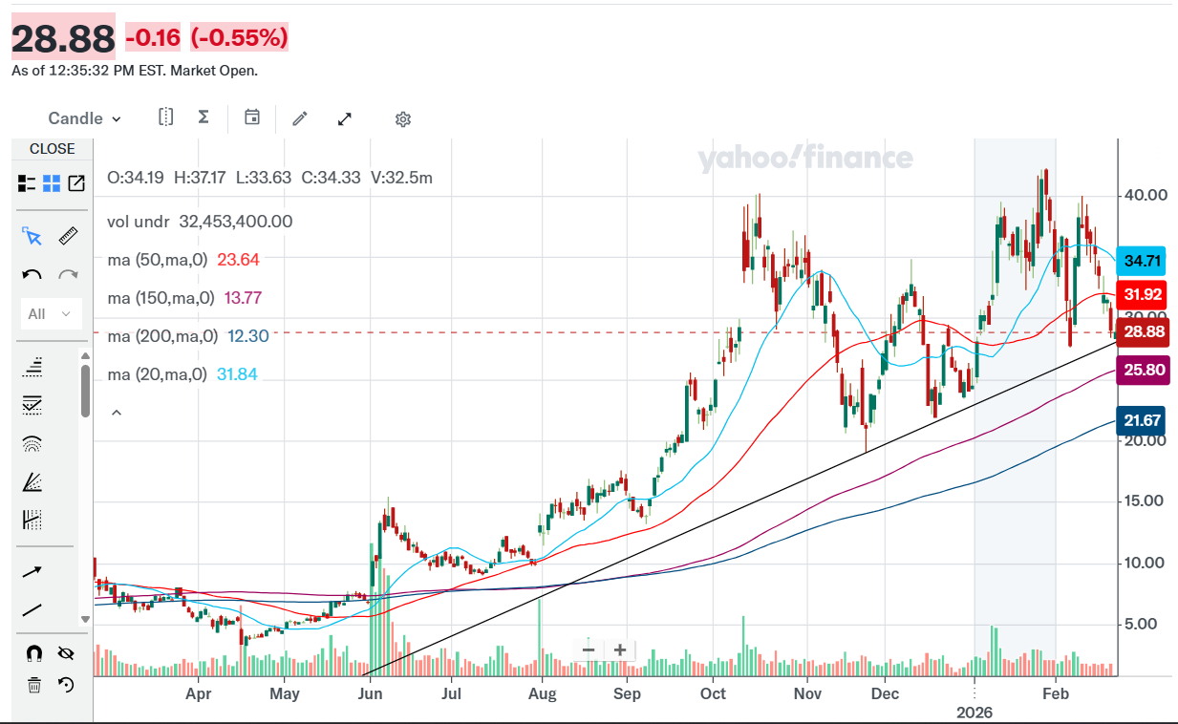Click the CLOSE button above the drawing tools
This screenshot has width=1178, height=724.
coord(52,149)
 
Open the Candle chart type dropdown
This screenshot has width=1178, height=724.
coord(85,118)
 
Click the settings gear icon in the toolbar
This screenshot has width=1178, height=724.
coord(403,119)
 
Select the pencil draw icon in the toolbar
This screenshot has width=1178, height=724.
coord(300,118)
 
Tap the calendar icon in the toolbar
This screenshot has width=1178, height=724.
coord(252,117)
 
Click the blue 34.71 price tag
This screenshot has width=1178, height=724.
coord(1143,261)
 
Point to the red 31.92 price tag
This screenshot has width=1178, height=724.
coord(1143,294)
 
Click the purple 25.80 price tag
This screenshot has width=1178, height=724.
coord(1143,370)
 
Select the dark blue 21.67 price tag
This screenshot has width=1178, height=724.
coord(1143,420)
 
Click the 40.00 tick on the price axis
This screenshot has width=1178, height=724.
coord(1145,195)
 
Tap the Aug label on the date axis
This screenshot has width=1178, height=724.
coord(542,694)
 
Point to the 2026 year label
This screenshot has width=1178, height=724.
coord(975,713)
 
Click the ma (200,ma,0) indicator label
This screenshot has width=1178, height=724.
coord(162,336)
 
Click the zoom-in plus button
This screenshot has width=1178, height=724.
coord(620,650)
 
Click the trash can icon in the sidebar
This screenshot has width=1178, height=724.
coord(33,684)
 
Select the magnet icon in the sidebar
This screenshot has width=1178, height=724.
coord(33,653)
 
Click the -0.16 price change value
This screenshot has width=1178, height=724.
coord(153,38)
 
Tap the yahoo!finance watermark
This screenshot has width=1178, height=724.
coord(805,158)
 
